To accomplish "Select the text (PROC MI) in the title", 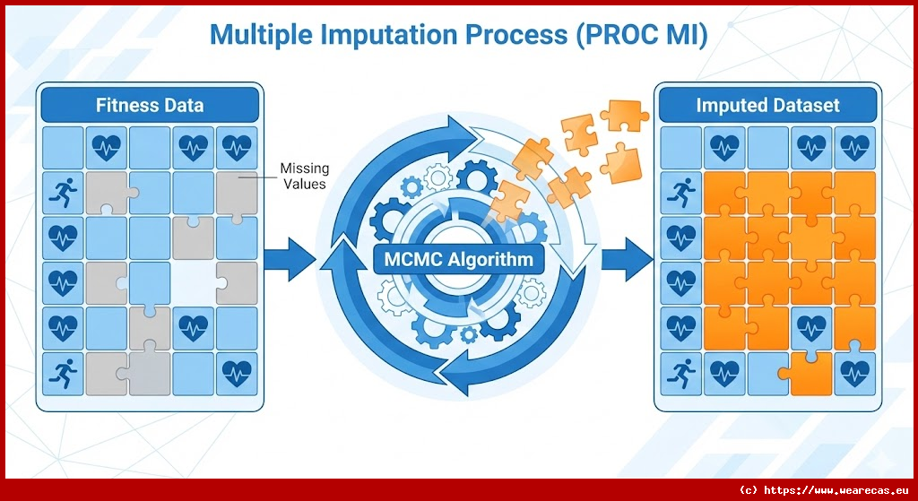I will (638, 35).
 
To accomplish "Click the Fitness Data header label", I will (150, 106).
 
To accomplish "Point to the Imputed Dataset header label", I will (767, 106).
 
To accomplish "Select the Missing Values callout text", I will (304, 176).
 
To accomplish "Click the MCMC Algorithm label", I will (459, 261).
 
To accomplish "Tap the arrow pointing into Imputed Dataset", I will (625, 260).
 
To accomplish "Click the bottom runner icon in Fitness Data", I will (64, 372).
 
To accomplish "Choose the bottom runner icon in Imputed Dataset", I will (680, 372).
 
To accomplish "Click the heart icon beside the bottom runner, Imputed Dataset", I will (723, 372).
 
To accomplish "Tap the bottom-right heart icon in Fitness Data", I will (236, 372).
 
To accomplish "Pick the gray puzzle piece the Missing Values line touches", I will (236, 191).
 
